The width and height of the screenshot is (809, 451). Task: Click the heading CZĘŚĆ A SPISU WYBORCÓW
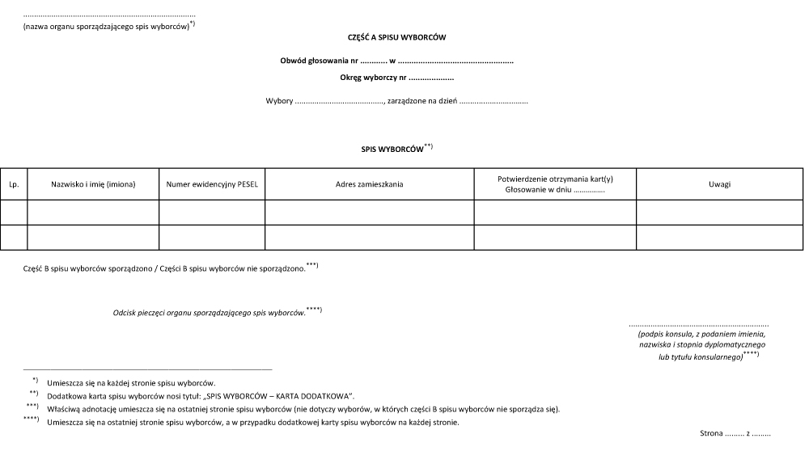pyautogui.click(x=397, y=37)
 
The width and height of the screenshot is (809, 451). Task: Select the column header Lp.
pyautogui.click(x=14, y=184)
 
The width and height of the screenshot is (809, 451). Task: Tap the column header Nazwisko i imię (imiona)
pyautogui.click(x=93, y=184)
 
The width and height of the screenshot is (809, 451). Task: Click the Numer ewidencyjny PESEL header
pyautogui.click(x=212, y=184)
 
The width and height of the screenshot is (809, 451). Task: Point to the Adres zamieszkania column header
pyautogui.click(x=369, y=184)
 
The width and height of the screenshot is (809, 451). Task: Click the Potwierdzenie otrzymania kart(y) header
pyautogui.click(x=555, y=179)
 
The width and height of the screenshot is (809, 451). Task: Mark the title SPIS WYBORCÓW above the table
pyautogui.click(x=393, y=150)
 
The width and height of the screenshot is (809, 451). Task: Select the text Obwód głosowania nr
pyautogui.click(x=319, y=61)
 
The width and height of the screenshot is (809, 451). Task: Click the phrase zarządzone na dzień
pyautogui.click(x=421, y=102)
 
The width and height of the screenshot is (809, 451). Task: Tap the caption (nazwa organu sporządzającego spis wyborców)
pyautogui.click(x=106, y=26)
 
